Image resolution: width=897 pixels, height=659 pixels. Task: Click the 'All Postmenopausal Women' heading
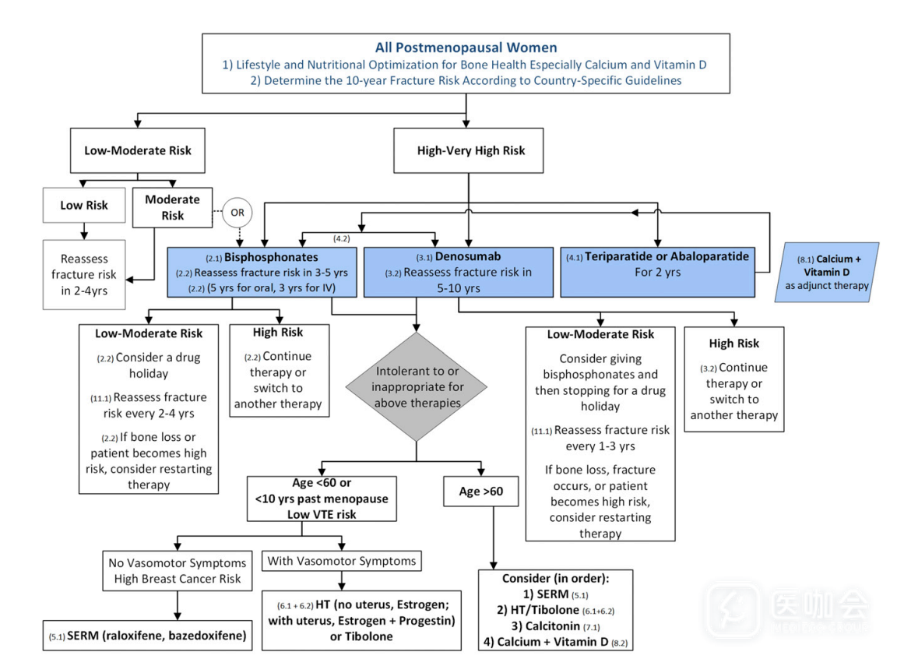click(466, 48)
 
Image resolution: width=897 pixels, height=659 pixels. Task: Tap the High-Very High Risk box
click(470, 150)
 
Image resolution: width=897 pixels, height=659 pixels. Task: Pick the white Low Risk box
click(83, 206)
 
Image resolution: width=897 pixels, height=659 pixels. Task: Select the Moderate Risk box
click(173, 206)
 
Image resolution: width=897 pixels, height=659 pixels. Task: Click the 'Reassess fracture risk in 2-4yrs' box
click(83, 274)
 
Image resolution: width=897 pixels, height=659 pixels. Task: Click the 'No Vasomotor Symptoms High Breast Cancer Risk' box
click(178, 570)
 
